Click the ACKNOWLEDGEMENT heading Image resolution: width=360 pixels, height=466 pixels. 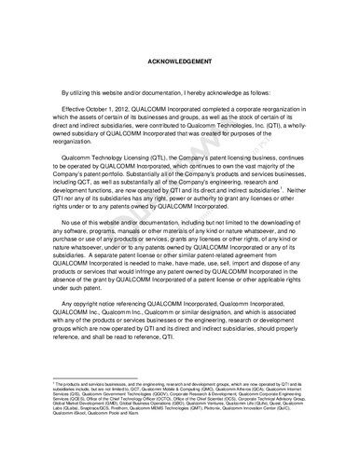180,62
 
